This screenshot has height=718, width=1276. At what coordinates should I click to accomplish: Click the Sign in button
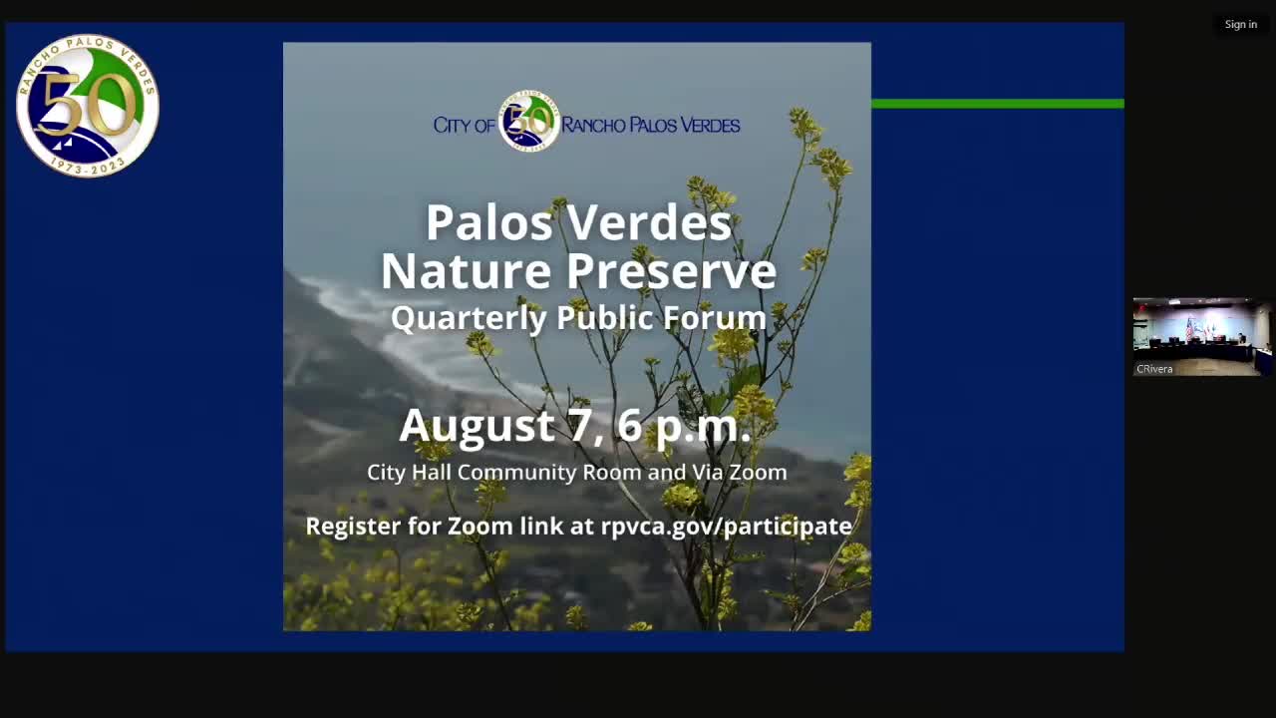click(1240, 24)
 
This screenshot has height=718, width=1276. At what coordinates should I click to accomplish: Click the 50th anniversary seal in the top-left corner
click(88, 106)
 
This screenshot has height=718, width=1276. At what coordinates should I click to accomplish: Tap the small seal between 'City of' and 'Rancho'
click(528, 123)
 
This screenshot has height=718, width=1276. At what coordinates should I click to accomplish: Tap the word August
click(477, 426)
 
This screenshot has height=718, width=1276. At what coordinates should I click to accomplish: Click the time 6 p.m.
click(683, 426)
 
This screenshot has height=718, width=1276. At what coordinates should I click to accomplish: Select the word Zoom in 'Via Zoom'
click(758, 473)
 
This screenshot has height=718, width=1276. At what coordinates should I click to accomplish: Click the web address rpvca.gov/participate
click(726, 526)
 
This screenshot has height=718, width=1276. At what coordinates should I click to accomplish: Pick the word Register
click(353, 526)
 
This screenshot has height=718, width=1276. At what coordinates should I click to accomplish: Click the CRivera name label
click(1154, 369)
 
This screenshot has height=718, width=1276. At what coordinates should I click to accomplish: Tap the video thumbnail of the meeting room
click(1201, 331)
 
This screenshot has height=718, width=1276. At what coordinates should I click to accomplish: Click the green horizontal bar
click(997, 104)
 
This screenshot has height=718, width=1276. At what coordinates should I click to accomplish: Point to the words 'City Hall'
click(410, 473)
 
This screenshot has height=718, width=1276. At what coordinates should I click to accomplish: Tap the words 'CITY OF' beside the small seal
click(464, 126)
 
